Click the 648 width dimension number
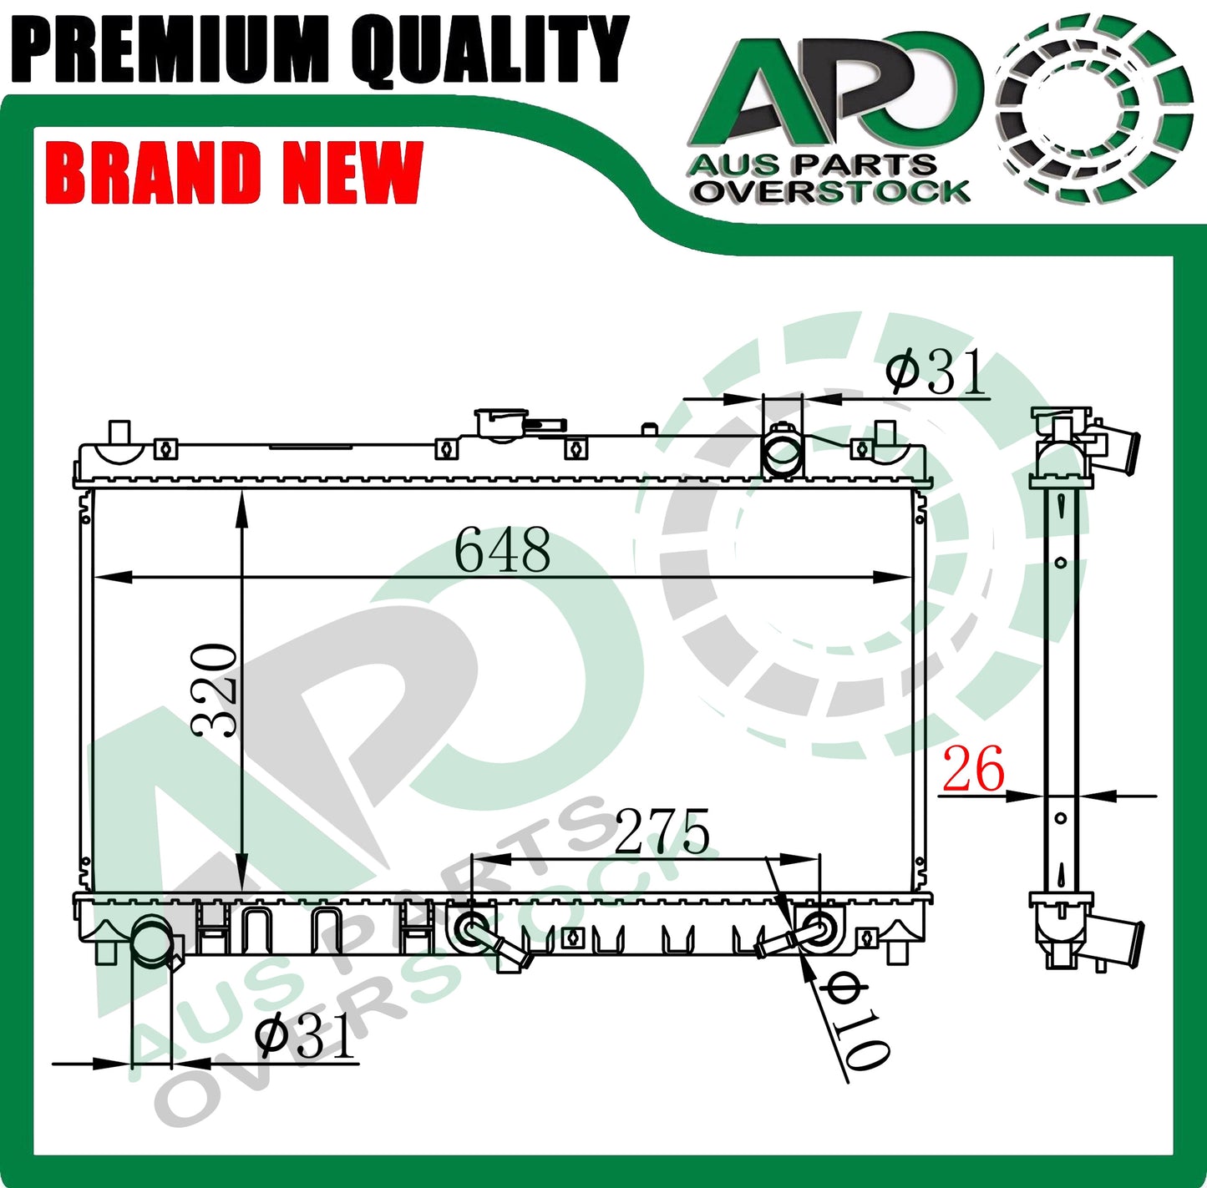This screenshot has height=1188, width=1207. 502,550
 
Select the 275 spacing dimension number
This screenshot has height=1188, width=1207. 662,832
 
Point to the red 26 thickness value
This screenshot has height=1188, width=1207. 973,768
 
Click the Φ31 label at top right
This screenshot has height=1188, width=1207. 936,372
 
